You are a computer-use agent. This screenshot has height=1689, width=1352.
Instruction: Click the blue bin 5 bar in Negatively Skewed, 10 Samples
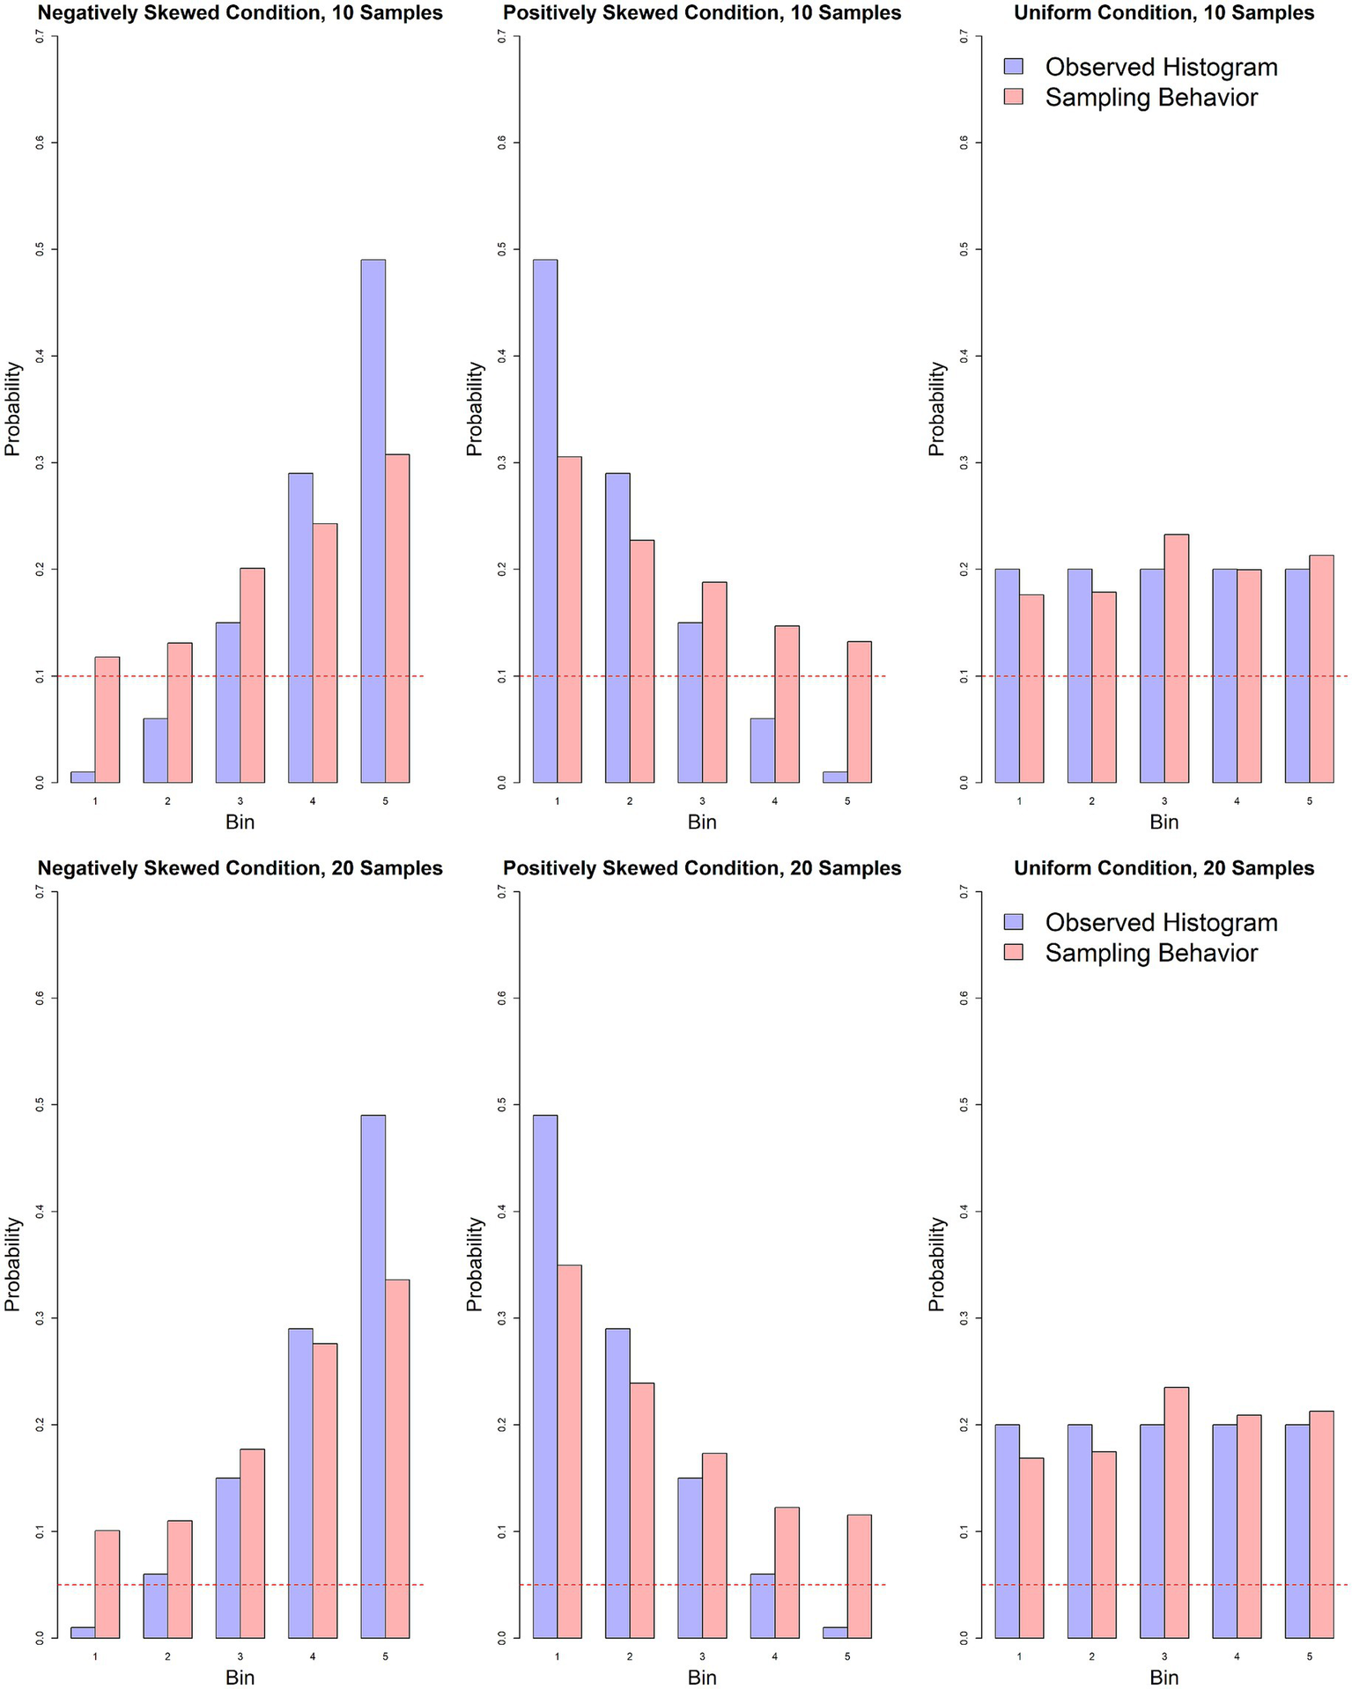(373, 520)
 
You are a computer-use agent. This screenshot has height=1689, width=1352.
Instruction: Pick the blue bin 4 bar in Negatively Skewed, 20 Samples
(300, 1484)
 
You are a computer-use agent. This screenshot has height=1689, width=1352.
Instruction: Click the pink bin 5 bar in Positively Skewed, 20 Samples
(859, 1576)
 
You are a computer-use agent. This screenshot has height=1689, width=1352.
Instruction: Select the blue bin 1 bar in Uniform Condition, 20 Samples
(1007, 1531)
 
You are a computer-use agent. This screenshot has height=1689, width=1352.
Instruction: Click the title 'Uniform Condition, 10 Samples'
(1164, 13)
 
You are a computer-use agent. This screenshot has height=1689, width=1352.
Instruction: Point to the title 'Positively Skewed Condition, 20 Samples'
(702, 868)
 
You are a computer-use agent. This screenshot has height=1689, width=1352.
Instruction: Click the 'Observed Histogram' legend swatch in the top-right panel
(1014, 67)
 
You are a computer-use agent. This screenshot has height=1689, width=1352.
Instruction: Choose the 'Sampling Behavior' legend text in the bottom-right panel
(1151, 953)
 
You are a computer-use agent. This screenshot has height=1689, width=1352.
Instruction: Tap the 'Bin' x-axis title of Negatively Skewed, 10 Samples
(240, 822)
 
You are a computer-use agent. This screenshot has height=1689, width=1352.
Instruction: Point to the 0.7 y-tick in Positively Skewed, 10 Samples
(501, 36)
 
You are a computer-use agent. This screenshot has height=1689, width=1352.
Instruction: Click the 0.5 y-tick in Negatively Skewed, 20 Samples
(40, 1104)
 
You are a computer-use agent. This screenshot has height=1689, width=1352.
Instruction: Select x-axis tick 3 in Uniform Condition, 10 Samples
(1164, 801)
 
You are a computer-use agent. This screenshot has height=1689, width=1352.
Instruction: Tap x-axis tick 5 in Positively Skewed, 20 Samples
(847, 1656)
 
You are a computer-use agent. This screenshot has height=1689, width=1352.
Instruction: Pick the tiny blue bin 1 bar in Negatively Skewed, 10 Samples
(83, 777)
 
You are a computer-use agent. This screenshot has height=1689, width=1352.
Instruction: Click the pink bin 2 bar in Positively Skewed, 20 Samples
(641, 1510)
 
